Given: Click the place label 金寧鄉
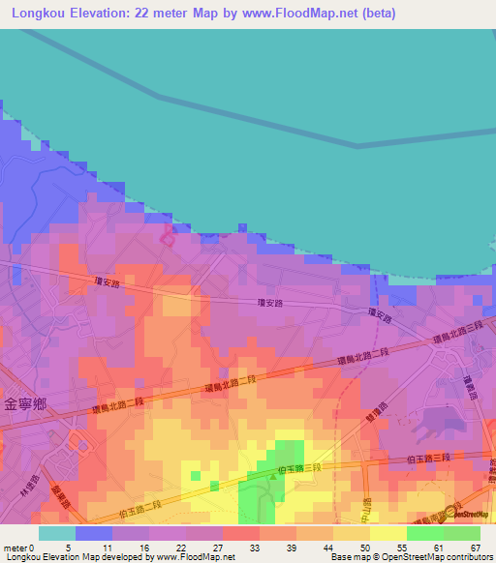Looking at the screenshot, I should tap(25, 403).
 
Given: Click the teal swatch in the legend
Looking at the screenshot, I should tap(56, 533).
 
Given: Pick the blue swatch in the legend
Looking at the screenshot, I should tap(93, 533).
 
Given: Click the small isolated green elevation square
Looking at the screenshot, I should tap(196, 476).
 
